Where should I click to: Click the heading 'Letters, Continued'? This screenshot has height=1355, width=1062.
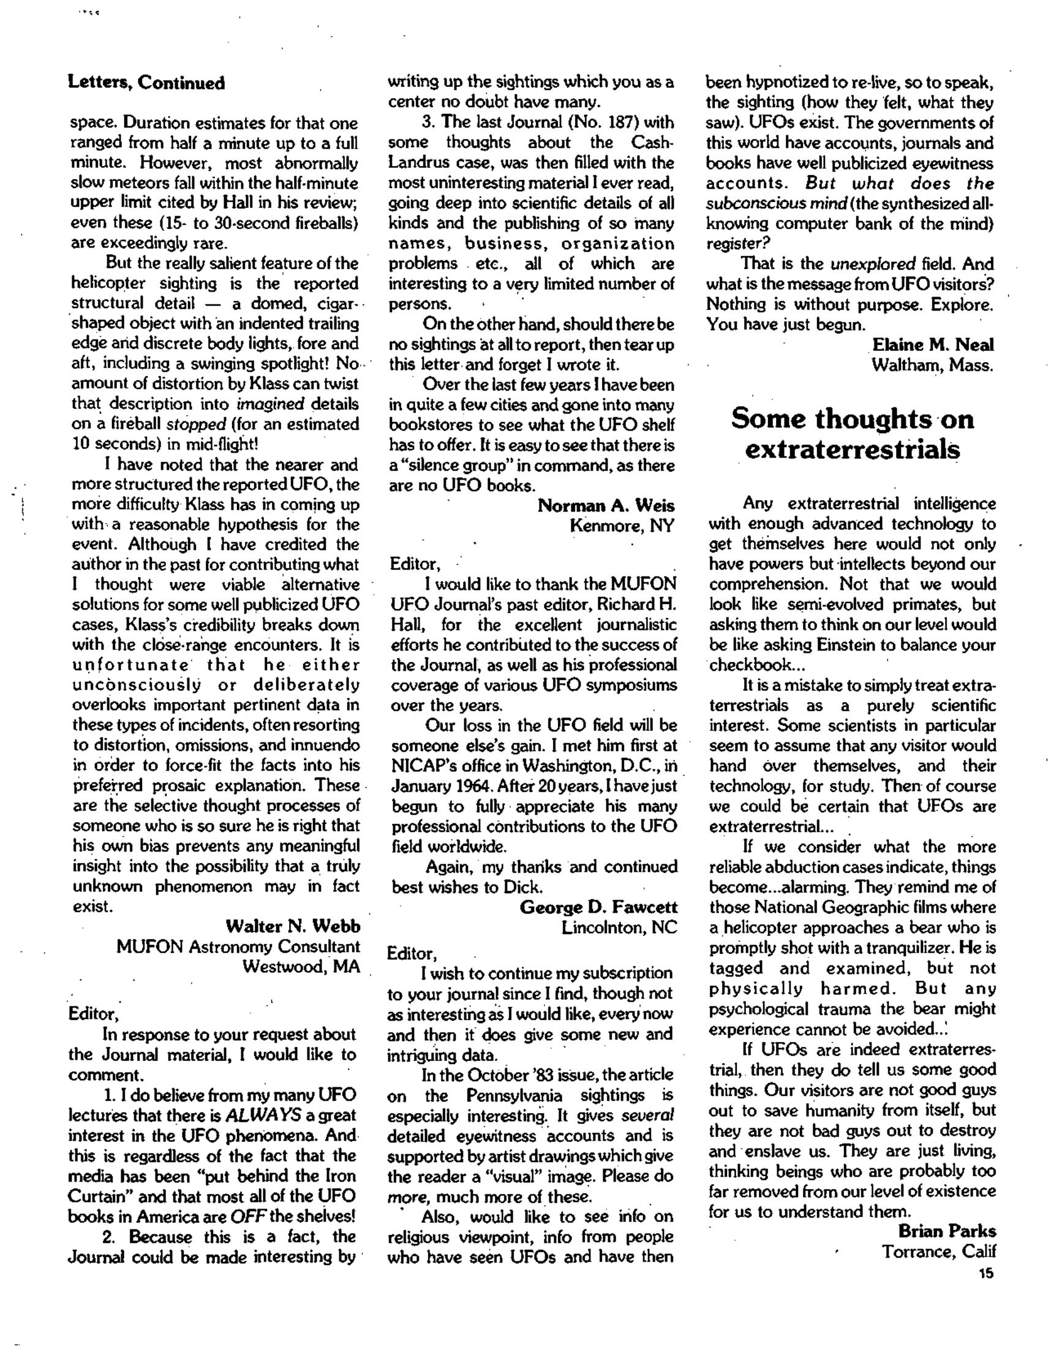[146, 83]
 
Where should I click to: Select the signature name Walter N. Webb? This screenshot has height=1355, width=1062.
[292, 927]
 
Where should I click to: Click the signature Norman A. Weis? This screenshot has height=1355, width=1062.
[606, 505]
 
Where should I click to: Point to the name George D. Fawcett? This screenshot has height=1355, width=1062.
[598, 907]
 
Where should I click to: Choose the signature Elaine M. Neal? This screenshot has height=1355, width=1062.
[933, 344]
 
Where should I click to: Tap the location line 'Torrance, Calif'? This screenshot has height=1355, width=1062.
[938, 1251]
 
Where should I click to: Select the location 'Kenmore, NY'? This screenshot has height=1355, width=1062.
[622, 526]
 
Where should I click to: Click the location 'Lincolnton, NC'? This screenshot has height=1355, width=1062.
[619, 928]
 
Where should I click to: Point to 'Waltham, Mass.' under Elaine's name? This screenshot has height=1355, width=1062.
[932, 365]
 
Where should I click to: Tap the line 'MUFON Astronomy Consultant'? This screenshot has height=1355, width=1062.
[238, 947]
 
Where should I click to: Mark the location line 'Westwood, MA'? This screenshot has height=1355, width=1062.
[301, 967]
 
